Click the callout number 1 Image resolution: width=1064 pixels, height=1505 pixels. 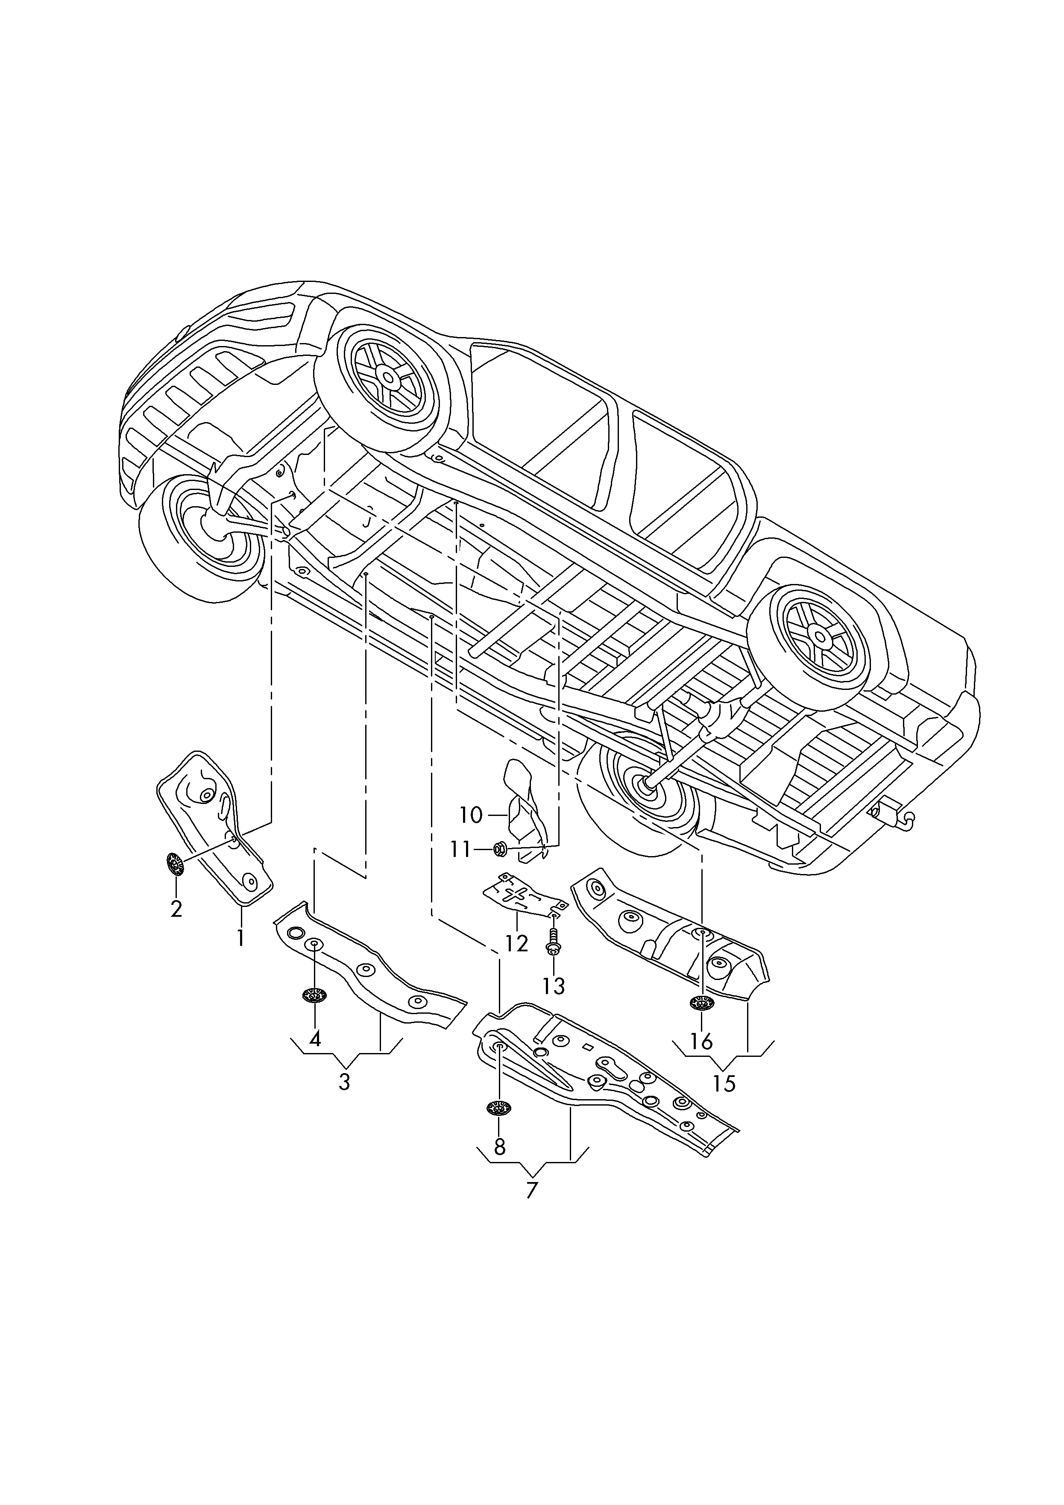[x=240, y=938]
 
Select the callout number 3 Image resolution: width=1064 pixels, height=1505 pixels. [x=345, y=1082]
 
